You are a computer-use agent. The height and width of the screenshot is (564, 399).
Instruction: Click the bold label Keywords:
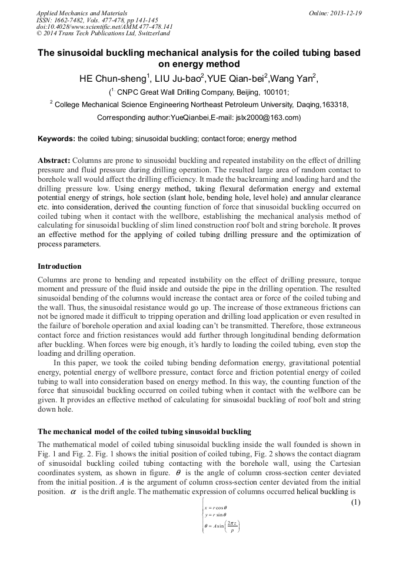(x=56, y=139)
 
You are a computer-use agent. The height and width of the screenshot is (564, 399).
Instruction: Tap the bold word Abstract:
(x=54, y=161)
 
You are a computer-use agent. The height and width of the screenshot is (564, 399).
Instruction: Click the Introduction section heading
(x=59, y=266)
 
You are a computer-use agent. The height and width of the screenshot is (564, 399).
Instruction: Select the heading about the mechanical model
(x=144, y=432)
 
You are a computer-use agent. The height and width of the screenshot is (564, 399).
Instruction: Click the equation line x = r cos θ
(x=215, y=508)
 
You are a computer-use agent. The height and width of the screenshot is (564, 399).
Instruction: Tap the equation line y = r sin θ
(x=215, y=515)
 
